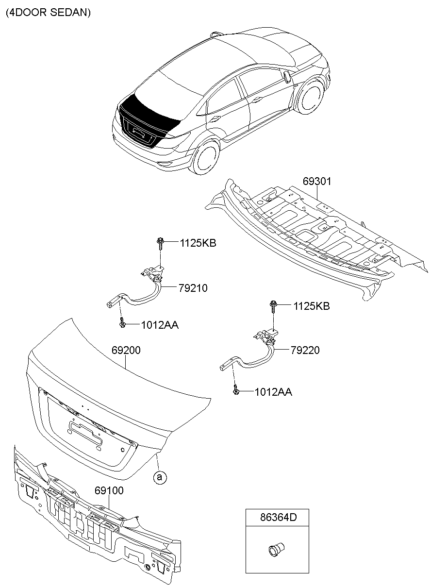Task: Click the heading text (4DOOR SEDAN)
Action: pos(48,13)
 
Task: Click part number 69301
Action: pos(317,181)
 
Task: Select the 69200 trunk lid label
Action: pos(126,350)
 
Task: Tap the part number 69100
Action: pos(109,491)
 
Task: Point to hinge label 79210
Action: pos(193,288)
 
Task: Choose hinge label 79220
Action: pos(305,350)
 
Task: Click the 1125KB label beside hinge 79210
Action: pos(198,243)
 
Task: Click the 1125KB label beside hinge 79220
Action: pos(311,306)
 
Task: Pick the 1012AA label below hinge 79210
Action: pos(160,325)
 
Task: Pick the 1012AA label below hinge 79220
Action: pos(273,392)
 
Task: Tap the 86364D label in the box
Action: pos(277,518)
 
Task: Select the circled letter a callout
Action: pos(159,478)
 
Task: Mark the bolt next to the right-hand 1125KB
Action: pos(273,305)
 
